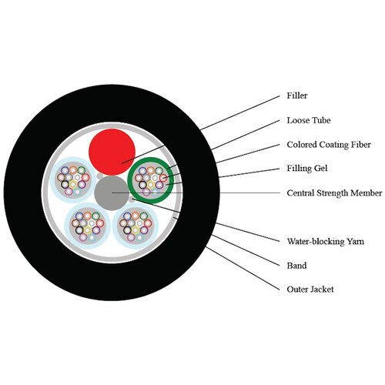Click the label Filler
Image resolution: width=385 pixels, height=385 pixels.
[x=297, y=95]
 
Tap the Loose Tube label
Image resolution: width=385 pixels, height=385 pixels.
[x=309, y=120]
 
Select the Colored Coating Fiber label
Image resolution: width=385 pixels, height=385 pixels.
[x=329, y=145]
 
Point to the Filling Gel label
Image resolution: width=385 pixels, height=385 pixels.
[x=307, y=169]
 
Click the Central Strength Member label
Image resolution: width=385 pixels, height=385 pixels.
[x=334, y=192]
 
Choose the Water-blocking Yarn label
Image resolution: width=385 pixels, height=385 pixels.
[x=326, y=241]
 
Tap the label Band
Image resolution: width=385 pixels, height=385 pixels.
[x=296, y=265]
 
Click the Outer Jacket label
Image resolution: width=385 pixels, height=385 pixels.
[x=310, y=290]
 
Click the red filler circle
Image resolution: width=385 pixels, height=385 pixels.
[x=112, y=152]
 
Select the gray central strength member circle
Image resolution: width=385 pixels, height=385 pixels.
[x=112, y=193]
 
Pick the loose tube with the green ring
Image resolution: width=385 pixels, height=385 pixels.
[x=151, y=180]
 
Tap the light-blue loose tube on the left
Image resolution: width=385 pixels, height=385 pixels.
[x=73, y=180]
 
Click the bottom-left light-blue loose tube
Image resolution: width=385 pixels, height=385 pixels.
[x=87, y=226]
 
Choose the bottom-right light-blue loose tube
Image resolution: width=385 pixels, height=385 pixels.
[x=136, y=226]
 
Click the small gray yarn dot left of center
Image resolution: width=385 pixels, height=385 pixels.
[x=99, y=176]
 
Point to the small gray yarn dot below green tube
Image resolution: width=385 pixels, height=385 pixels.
[x=132, y=199]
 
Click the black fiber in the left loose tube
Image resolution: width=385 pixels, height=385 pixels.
[x=65, y=184]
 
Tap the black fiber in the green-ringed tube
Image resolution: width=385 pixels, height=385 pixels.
[x=142, y=185]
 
